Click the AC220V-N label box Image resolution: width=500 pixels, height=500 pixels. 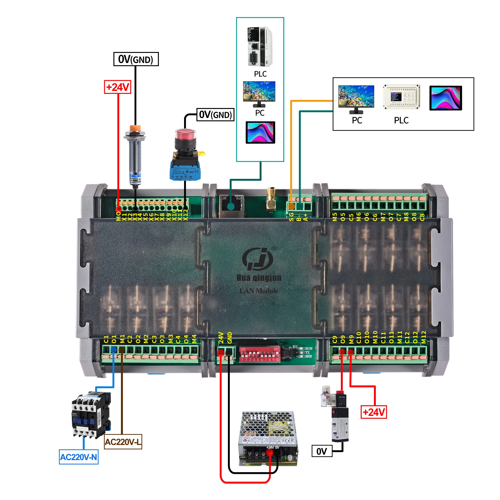tap(79, 457)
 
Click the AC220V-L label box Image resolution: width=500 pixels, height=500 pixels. tap(123, 442)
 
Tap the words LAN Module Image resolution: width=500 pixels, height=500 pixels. tap(259, 291)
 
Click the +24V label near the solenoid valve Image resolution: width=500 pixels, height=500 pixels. tap(374, 412)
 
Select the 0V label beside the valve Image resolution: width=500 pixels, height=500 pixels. tap(322, 451)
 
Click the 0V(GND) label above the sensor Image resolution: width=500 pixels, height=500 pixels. tap(136, 59)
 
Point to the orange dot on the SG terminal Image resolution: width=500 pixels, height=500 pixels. tap(291, 206)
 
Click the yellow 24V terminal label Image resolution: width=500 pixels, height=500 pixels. tap(221, 338)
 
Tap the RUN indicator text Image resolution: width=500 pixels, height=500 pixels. tap(309, 349)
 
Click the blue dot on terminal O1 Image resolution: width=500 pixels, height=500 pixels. tap(113, 350)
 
